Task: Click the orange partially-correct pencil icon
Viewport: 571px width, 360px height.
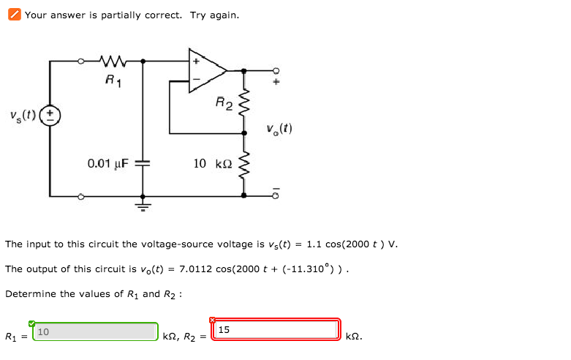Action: [14, 15]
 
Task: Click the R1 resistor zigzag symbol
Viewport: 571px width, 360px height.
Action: [113, 61]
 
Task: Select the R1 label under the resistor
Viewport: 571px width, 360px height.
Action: [113, 80]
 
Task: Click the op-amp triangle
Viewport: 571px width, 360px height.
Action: [207, 71]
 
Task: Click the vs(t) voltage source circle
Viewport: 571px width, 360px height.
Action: [50, 116]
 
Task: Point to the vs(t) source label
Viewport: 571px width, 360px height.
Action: [23, 116]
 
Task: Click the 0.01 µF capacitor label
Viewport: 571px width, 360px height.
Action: [107, 163]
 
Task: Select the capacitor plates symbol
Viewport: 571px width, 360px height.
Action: [143, 163]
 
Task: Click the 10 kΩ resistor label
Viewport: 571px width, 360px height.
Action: [212, 163]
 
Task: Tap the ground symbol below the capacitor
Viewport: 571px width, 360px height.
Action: [143, 206]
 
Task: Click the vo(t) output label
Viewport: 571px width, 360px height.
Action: [279, 129]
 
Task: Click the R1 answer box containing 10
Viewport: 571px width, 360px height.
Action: [95, 331]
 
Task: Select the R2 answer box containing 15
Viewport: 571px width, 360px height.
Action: [276, 330]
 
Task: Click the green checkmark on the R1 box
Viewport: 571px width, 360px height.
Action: [32, 323]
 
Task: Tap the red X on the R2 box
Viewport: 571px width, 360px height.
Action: [213, 320]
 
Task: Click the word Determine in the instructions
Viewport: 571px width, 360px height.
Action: [27, 293]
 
